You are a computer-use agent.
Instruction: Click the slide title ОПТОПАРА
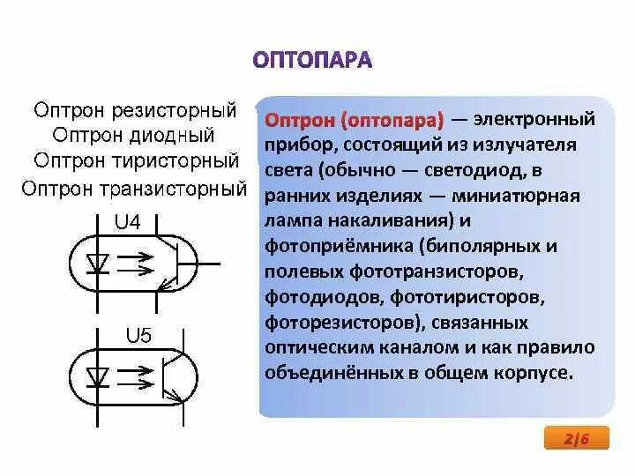[x=312, y=61]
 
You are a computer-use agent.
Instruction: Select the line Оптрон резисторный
[x=135, y=111]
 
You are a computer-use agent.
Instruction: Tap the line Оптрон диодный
[x=134, y=136]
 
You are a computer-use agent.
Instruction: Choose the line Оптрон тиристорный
[x=137, y=161]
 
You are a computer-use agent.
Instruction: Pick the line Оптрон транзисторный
[x=133, y=188]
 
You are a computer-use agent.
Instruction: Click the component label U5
[x=138, y=336]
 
